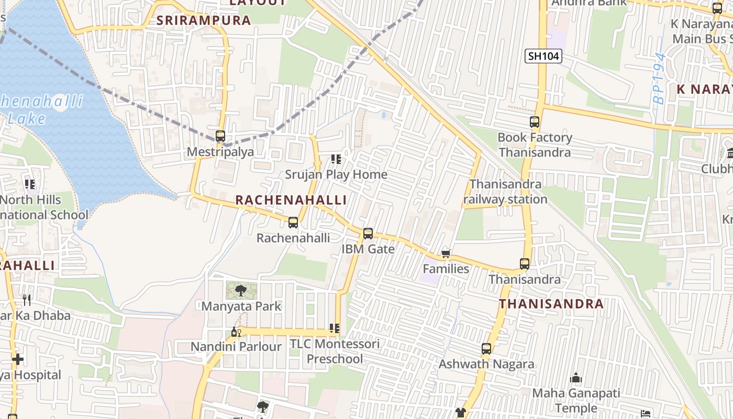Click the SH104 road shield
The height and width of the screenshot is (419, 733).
[x=543, y=56]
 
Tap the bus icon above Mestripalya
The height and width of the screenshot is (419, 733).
[x=220, y=136]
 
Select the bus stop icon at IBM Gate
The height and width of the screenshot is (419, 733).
[x=368, y=234]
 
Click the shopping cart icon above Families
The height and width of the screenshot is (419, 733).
[x=446, y=254]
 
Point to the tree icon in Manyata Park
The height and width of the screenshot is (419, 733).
[x=241, y=290]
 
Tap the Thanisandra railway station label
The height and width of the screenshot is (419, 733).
[x=505, y=192]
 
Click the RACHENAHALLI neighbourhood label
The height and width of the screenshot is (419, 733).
[x=291, y=200]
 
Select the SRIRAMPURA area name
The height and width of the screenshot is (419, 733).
[x=204, y=20]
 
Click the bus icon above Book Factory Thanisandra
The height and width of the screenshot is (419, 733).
[x=535, y=122]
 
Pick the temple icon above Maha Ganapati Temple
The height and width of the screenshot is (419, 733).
[x=576, y=378]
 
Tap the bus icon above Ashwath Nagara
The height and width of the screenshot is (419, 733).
[x=486, y=348]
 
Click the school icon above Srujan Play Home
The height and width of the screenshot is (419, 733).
[x=336, y=159]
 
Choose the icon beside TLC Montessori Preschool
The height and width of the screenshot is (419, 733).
[x=334, y=328]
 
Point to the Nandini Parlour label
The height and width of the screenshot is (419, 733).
[x=236, y=347]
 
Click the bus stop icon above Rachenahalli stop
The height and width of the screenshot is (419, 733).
[x=293, y=223]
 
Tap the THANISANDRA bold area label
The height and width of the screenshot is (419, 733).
[x=551, y=304]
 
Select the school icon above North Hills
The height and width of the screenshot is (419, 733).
[x=30, y=184]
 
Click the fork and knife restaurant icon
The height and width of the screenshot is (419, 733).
[x=27, y=300]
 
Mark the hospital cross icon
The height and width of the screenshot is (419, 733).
[x=18, y=359]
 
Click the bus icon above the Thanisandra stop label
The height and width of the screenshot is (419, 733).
[x=525, y=264]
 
